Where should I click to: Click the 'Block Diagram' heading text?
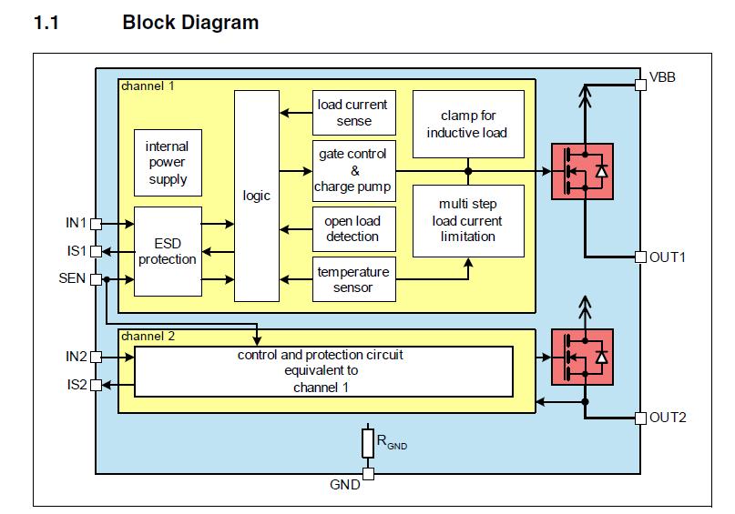(190, 23)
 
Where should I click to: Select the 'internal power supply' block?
(167, 163)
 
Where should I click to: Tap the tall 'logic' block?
(257, 196)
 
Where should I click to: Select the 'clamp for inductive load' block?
(468, 125)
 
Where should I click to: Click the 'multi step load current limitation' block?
(468, 220)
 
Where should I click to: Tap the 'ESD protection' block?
(167, 251)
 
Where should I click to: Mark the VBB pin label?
(663, 77)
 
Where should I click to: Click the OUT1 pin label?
(668, 257)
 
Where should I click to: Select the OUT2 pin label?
(668, 418)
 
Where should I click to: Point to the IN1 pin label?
(76, 222)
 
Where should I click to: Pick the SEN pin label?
(73, 278)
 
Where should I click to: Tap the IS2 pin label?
(77, 385)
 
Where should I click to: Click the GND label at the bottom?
(345, 485)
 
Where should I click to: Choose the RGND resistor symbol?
(368, 443)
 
